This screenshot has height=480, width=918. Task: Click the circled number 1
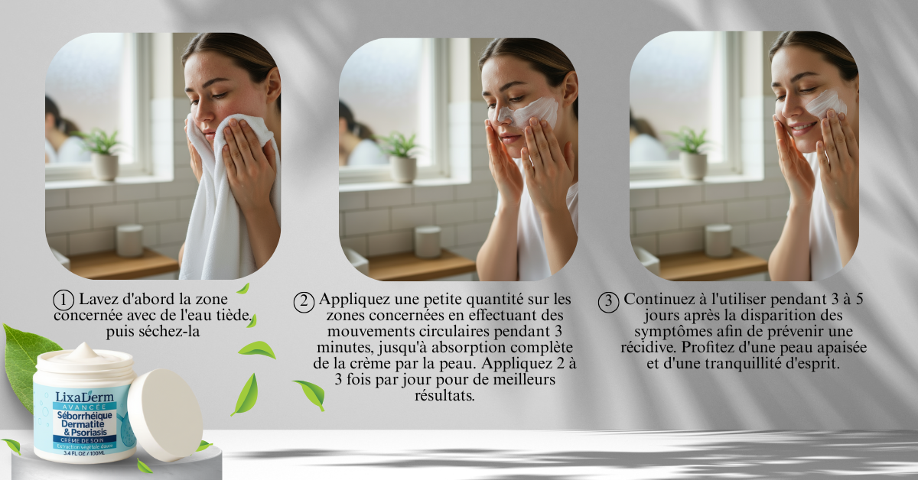(x=63, y=301)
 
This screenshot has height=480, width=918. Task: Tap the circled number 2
(x=304, y=302)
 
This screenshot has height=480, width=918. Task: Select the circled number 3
(x=609, y=302)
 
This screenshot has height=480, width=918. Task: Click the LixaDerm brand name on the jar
(x=84, y=397)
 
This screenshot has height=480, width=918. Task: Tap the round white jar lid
(x=164, y=414)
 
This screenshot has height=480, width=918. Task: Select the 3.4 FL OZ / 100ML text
(x=84, y=453)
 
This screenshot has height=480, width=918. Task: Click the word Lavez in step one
(x=98, y=299)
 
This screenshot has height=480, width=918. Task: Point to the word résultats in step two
(x=444, y=396)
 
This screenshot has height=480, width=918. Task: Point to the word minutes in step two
(x=343, y=347)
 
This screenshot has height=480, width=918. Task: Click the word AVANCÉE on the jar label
(x=84, y=407)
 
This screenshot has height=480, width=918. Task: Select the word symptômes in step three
(x=667, y=332)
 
